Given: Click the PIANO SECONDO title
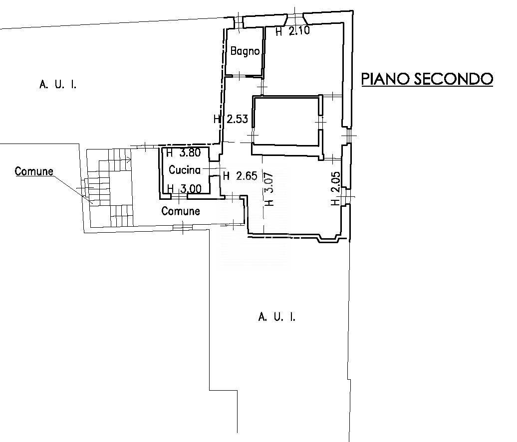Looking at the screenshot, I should pos(427,79).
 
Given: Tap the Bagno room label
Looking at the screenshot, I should pos(245,51).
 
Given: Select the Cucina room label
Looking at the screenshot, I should pos(184,170).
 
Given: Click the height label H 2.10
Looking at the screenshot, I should pos(293,31).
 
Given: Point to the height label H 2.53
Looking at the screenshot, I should pos(230,120).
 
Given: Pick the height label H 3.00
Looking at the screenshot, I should pos(184,189).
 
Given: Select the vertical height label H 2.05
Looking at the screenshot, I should pos(335,189).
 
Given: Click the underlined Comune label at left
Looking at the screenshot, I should pos(34,171).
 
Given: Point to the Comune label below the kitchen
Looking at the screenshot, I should pos(181,211).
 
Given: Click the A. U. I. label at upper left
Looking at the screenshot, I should pos(58,85).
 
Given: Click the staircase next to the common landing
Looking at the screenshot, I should pos(110,189).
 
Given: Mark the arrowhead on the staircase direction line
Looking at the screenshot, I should pos(130,160).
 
